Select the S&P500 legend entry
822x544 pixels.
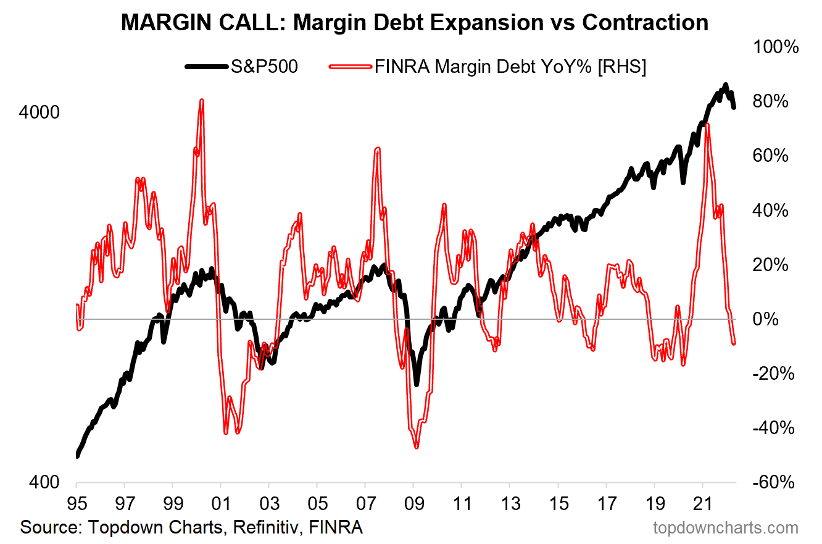click(241, 67)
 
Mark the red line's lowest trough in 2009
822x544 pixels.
click(417, 446)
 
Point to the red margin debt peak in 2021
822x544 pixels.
click(707, 125)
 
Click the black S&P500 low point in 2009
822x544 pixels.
click(417, 384)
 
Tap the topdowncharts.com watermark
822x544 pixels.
click(726, 528)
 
